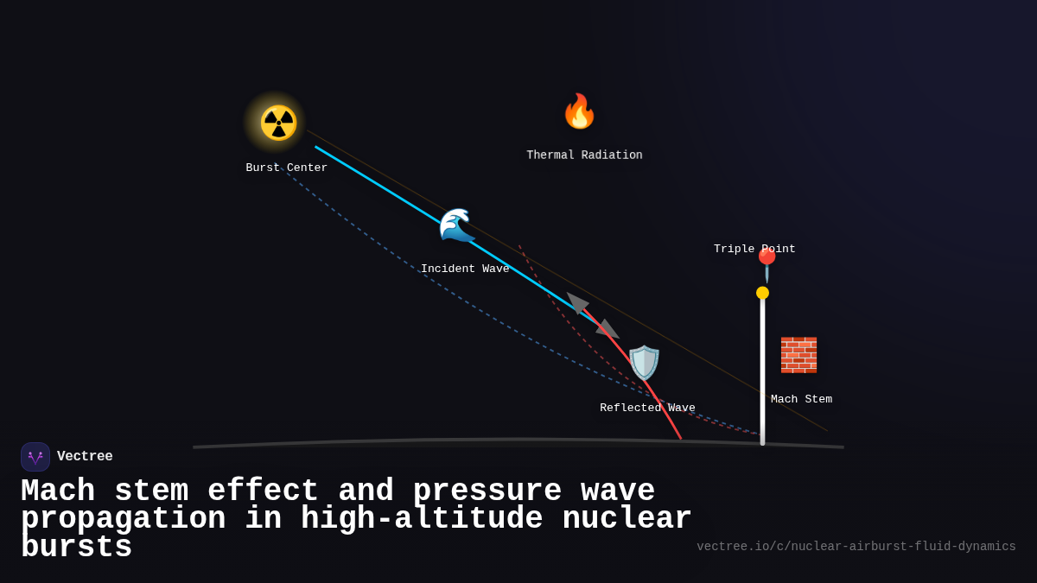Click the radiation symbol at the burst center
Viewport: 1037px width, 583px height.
278,123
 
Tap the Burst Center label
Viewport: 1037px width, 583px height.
286,168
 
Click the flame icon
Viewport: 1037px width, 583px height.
579,111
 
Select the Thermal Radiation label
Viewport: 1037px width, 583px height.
584,155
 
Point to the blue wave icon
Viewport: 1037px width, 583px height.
455,225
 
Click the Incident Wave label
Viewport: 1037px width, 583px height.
465,269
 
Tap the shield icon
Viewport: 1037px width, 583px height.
644,363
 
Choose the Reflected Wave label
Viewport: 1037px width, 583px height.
647,408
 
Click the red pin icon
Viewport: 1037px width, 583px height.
767,264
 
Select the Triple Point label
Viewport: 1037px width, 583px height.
754,249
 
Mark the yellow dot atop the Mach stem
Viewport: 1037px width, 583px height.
762,293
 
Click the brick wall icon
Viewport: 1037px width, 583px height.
798,355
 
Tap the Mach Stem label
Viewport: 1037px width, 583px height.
801,399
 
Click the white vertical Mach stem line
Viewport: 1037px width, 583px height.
762,371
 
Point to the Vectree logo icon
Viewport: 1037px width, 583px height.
35,457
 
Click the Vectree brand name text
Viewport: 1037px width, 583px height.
85,456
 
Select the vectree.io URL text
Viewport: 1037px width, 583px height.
856,547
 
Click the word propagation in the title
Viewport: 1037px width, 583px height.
123,519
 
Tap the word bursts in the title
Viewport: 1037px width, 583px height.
76,548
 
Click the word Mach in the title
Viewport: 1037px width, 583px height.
57,491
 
